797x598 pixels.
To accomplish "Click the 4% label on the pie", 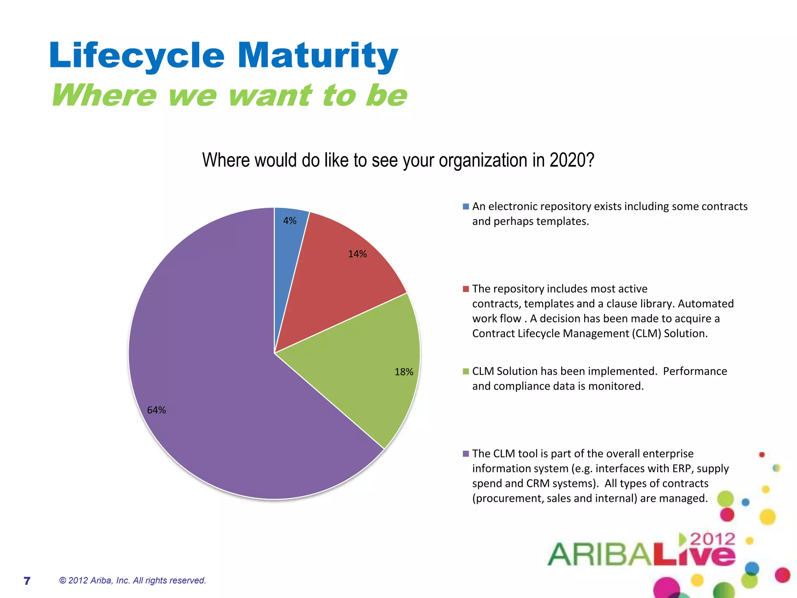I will [290, 221].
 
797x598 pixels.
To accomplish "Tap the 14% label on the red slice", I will [357, 254].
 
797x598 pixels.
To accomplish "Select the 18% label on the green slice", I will [404, 372].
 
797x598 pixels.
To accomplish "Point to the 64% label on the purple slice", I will [156, 410].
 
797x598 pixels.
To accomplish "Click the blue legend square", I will [466, 207].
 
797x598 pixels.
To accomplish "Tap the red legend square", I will [466, 289].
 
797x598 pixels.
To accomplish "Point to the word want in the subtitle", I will [270, 95].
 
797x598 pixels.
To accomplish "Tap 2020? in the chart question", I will [572, 160].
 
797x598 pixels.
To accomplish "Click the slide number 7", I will [27, 581].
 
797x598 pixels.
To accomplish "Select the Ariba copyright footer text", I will [132, 580].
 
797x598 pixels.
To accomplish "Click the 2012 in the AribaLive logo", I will [713, 540].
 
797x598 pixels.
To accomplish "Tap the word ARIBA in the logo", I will [599, 554].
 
